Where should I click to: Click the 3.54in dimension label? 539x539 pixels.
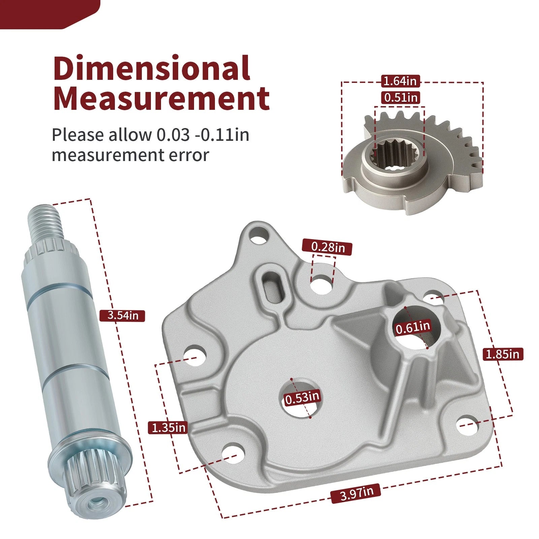123,316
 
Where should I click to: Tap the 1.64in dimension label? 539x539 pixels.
401,81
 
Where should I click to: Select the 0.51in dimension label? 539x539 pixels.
401,97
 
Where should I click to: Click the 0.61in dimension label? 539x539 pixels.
413,327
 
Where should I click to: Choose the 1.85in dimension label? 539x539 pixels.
503,354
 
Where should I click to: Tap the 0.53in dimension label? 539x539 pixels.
302,398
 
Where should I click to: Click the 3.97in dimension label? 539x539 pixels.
356,494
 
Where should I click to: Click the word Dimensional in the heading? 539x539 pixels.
152,68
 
